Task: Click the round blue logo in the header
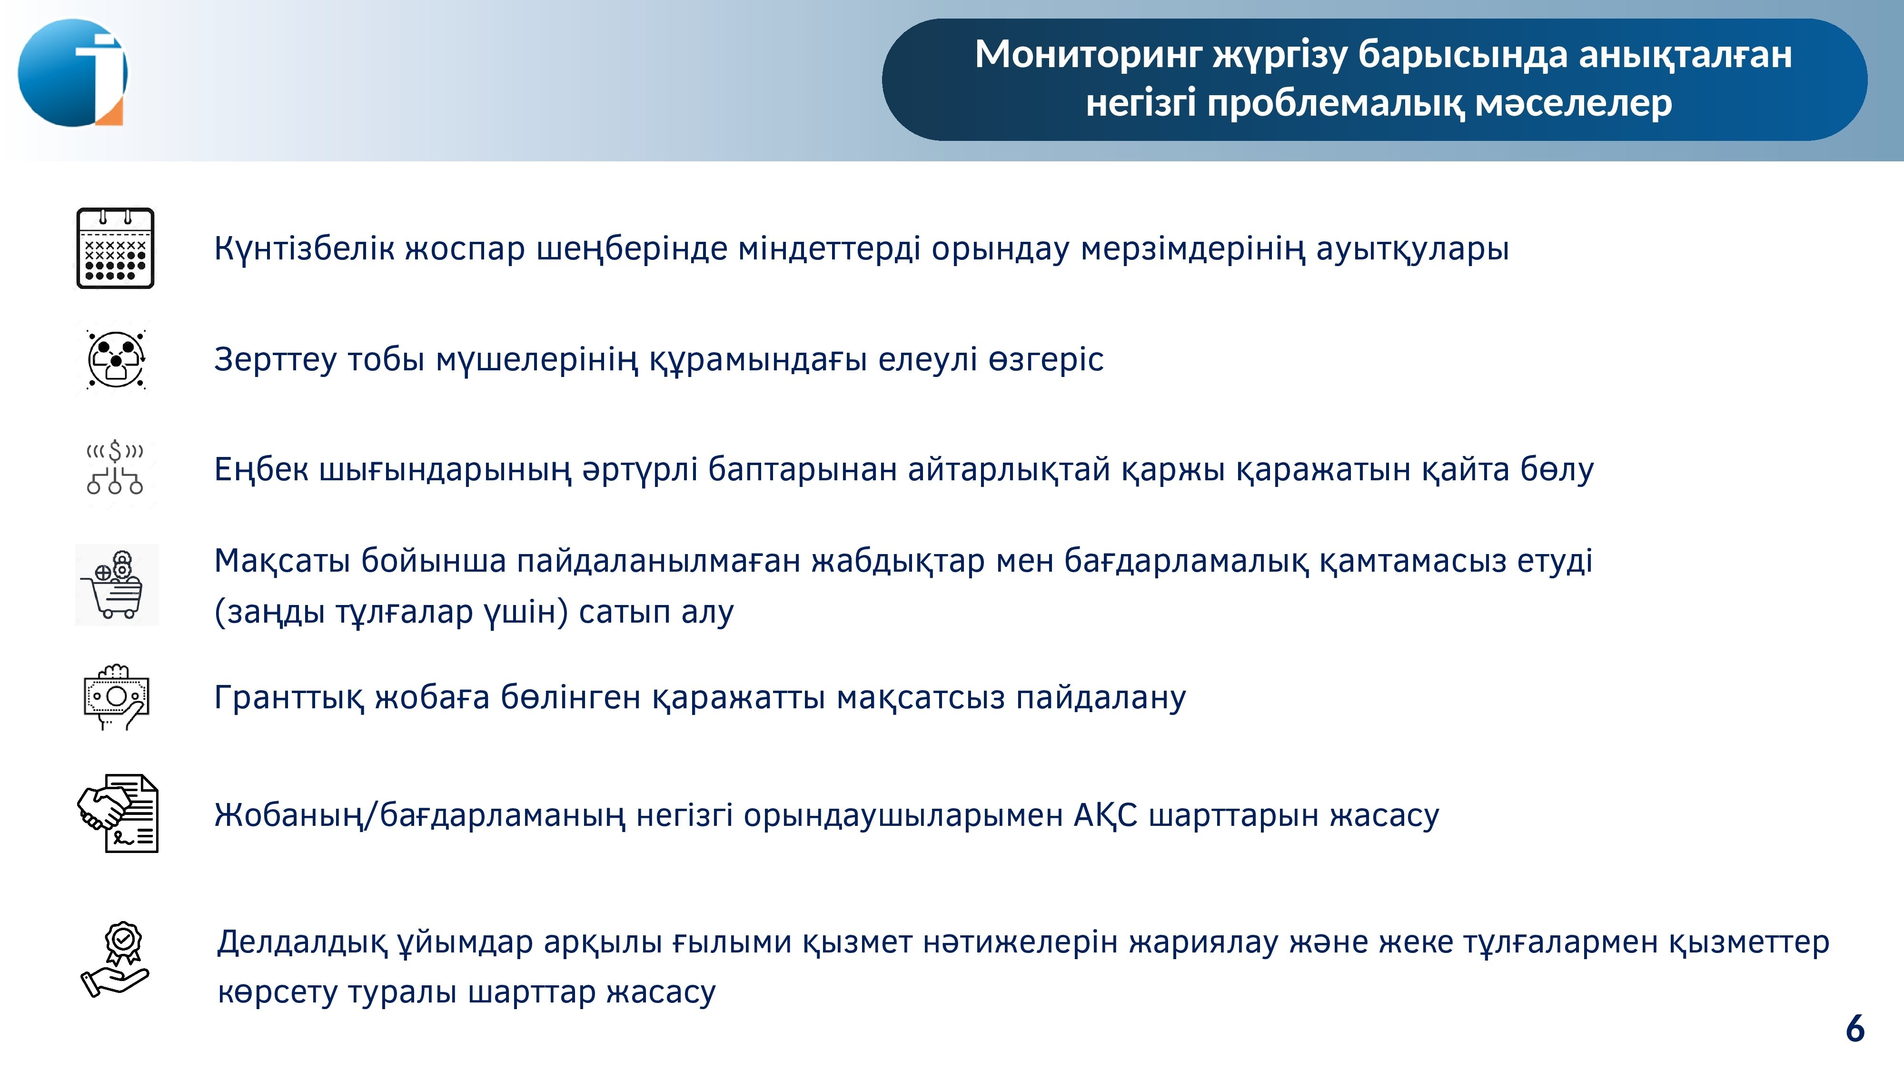(72, 72)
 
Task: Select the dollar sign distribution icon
(115, 467)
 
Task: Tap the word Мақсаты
(282, 562)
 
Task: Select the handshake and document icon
(118, 813)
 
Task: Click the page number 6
(1855, 1029)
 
